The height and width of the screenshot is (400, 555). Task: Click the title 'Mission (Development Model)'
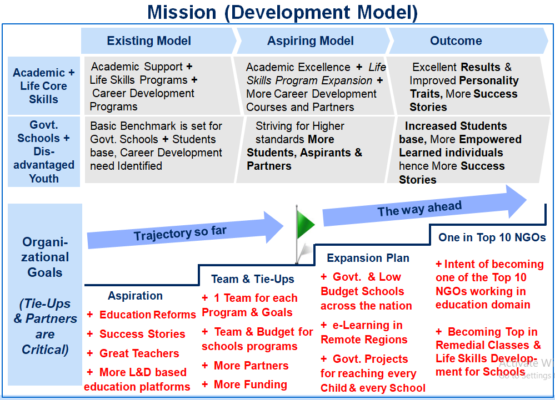tap(282, 12)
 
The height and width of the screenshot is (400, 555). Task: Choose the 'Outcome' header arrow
tap(468, 40)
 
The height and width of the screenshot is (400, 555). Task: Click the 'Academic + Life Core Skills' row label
tap(44, 86)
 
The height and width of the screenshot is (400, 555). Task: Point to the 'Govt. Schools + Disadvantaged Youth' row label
tap(44, 151)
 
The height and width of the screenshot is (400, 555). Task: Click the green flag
tap(306, 224)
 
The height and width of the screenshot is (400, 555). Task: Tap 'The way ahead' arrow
tap(424, 206)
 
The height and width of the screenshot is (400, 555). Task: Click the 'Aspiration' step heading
tap(135, 296)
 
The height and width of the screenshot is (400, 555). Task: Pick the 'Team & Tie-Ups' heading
tap(253, 279)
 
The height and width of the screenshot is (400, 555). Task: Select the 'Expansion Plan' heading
tap(368, 258)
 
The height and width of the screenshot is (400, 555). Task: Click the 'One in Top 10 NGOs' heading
tap(492, 237)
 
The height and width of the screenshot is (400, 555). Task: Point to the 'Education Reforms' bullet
tap(142, 315)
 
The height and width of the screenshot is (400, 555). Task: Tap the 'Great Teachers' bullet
tap(133, 353)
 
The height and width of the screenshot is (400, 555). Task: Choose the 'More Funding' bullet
tap(244, 384)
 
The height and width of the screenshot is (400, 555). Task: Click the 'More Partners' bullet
tap(246, 366)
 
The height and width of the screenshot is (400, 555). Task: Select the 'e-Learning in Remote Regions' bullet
tap(364, 332)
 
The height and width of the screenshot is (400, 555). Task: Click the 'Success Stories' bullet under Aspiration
tap(136, 333)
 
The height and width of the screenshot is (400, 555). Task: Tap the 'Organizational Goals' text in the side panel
tap(45, 257)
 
